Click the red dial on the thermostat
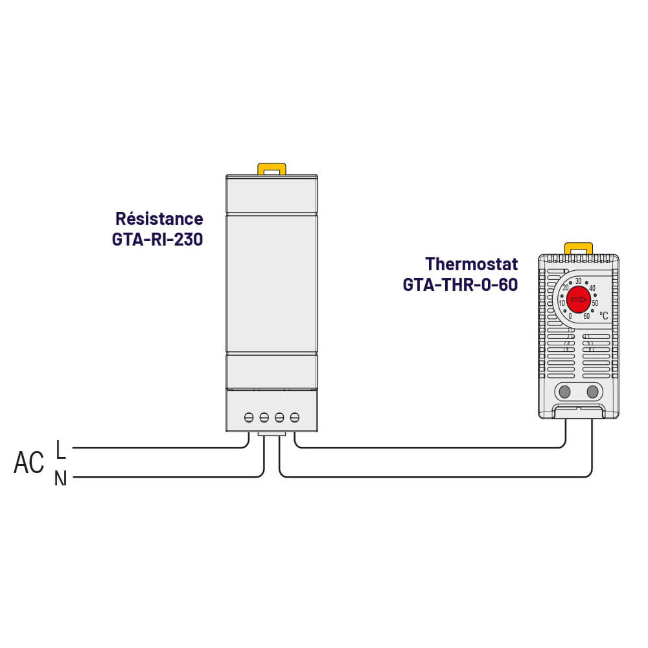point(578,299)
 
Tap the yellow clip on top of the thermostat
point(579,248)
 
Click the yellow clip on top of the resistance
point(272,168)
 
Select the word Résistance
point(159,218)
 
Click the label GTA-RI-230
point(157,239)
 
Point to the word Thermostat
point(472,264)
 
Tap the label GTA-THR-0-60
point(460,284)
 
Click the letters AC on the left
point(29,463)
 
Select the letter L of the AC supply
point(61,448)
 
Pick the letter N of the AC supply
point(60,479)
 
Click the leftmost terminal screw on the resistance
point(249,417)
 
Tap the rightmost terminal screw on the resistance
point(295,417)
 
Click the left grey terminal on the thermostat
point(564,391)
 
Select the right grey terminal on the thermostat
point(592,391)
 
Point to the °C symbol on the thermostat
point(604,316)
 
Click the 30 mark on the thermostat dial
point(578,281)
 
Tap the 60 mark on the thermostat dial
point(586,316)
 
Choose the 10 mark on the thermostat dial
point(561,303)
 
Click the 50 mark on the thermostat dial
point(595,303)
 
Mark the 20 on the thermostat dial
point(565,288)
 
